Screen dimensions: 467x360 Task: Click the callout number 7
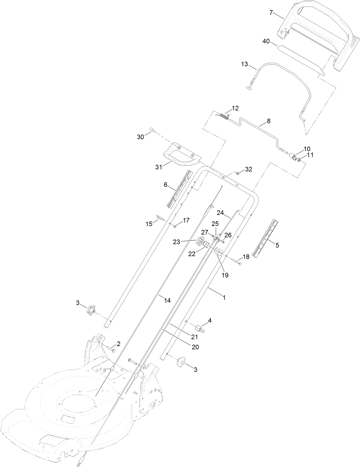click(x=271, y=13)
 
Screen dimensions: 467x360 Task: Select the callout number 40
click(x=266, y=41)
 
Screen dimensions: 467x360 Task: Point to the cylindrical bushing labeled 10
click(x=292, y=157)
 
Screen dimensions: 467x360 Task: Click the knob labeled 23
click(x=200, y=241)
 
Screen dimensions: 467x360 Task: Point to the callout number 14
click(x=167, y=300)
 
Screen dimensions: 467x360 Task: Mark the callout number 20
click(x=195, y=347)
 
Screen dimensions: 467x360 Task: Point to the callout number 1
click(x=224, y=297)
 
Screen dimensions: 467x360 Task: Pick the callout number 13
click(x=245, y=64)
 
